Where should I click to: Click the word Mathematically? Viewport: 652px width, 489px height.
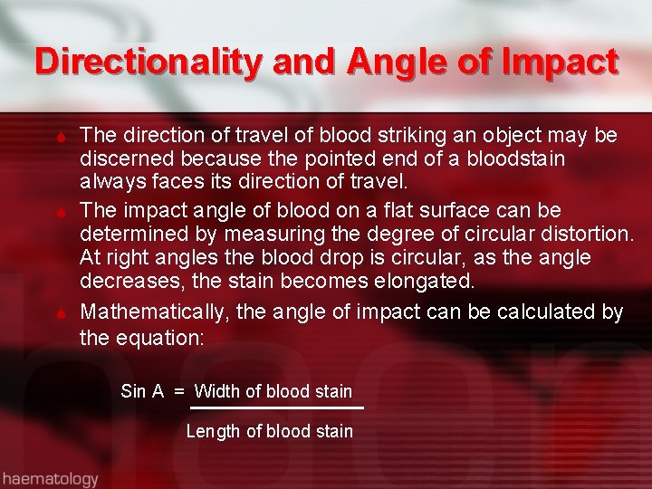pos(155,312)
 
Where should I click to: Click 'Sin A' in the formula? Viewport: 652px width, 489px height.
pos(142,392)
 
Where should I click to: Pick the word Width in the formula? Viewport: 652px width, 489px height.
pos(217,392)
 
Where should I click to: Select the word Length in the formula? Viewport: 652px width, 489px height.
pos(214,432)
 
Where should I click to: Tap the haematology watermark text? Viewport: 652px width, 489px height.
pos(50,477)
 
